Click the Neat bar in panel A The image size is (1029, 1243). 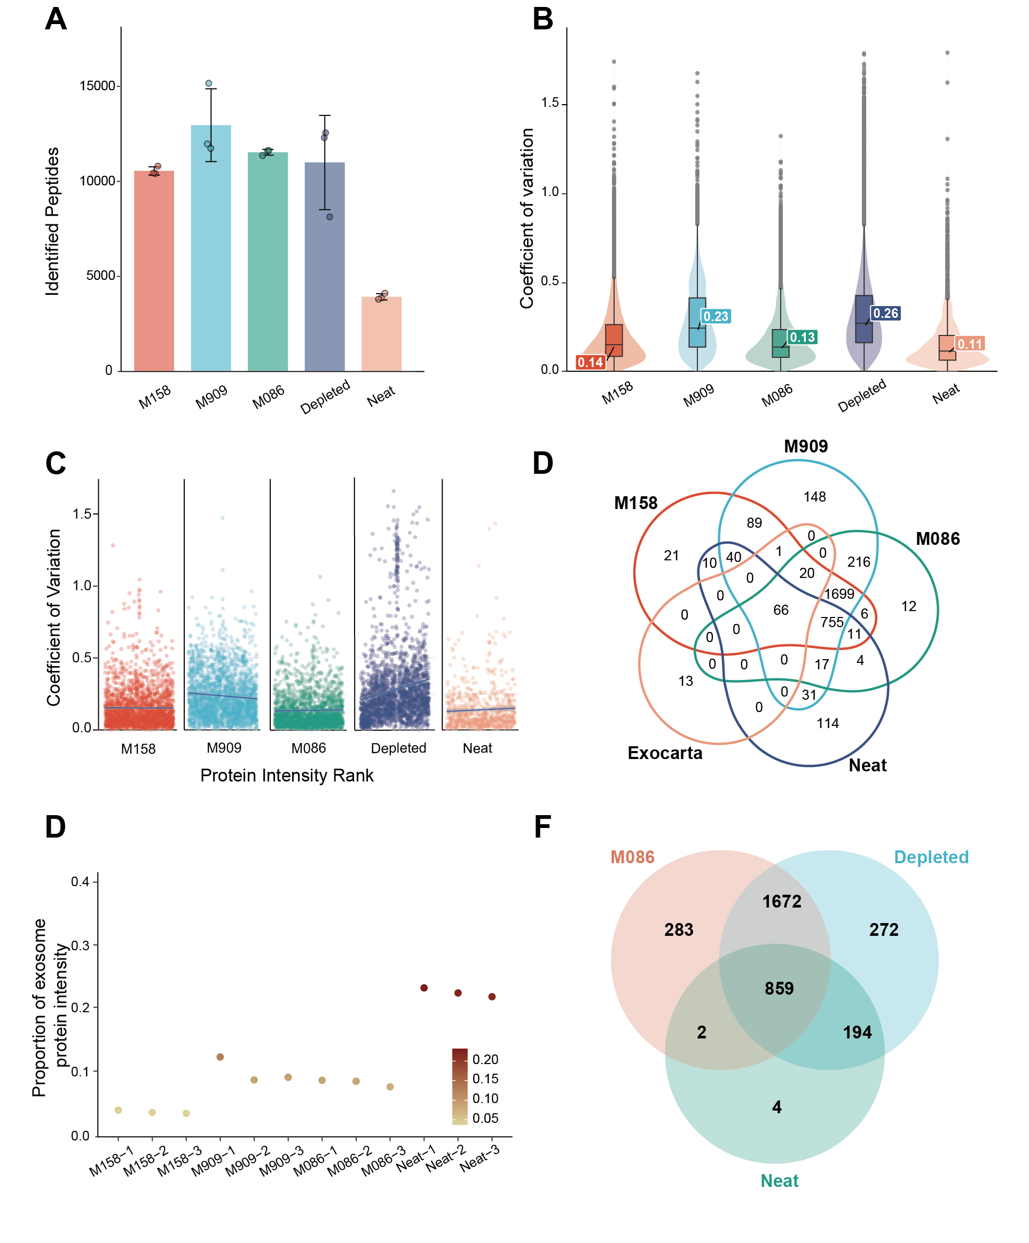coord(381,334)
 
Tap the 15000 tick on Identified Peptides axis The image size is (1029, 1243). coord(98,86)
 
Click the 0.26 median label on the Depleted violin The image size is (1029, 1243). coord(885,313)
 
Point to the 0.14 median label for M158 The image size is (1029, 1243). coord(590,362)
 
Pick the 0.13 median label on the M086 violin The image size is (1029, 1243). coord(803,338)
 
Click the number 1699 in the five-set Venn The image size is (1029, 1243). coord(839,593)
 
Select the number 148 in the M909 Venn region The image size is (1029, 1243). coord(814,497)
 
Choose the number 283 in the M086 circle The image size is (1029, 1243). coord(678,930)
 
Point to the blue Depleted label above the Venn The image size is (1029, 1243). coord(931,857)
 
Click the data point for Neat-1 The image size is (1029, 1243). coord(423,988)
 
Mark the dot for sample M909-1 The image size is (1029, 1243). coord(220,1057)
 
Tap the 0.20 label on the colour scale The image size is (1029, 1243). coord(485,1059)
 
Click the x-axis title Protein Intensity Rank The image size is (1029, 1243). coord(287,776)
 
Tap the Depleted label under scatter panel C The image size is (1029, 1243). coord(398,748)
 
